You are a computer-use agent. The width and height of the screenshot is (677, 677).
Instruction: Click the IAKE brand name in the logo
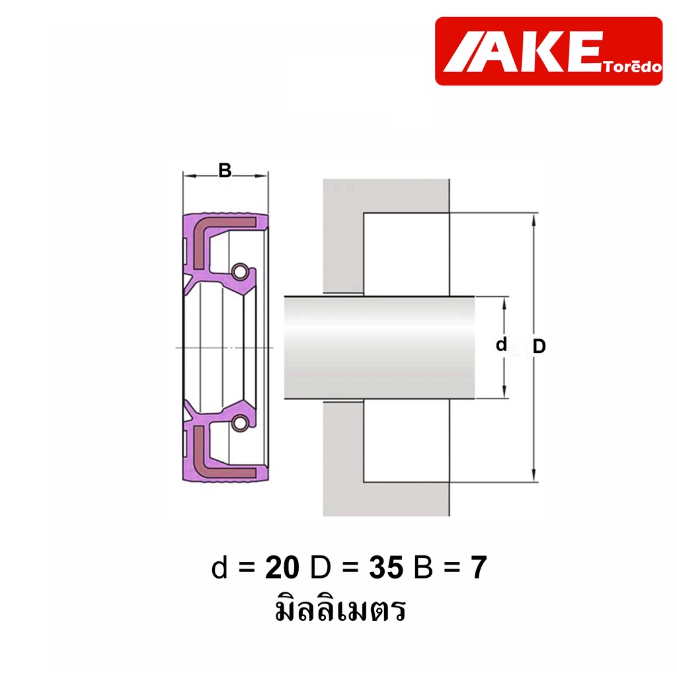click(x=523, y=52)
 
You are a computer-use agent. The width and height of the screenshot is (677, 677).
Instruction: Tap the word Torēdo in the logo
click(x=633, y=67)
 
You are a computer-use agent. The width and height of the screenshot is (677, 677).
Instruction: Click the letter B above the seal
click(x=225, y=171)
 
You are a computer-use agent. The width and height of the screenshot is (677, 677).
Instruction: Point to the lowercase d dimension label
click(x=501, y=344)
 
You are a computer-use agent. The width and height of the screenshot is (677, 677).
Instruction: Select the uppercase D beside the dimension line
click(x=539, y=346)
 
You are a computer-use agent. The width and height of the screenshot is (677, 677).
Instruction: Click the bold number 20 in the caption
click(x=282, y=567)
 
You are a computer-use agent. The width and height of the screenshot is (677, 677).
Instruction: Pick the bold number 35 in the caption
click(x=386, y=567)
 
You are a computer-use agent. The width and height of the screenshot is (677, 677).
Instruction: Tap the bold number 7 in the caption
click(x=479, y=567)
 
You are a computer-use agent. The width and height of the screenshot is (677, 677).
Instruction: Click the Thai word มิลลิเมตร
click(x=340, y=608)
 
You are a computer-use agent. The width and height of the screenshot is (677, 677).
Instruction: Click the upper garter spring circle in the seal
click(x=240, y=272)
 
